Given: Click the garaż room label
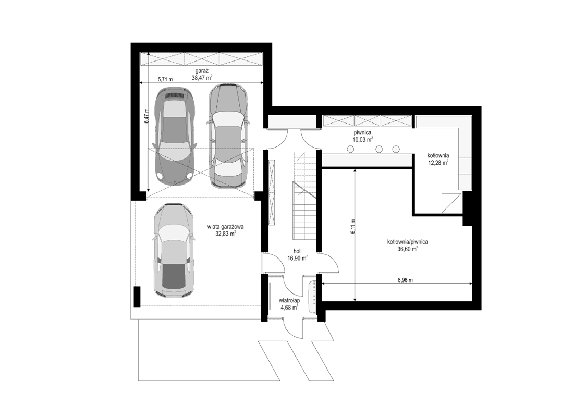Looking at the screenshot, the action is pos(202,71).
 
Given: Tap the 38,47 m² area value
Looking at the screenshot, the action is pos(202,78).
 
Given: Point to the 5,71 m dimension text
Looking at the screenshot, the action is pos(165,79).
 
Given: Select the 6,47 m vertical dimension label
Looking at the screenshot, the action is pos(146,117).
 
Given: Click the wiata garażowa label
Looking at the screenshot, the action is pos(225,227).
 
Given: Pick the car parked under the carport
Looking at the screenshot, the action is pos(174,250).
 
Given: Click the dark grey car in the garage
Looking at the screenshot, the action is pos(175,136).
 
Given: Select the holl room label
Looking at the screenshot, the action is pos(297,251).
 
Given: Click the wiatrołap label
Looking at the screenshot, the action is pos(289,301).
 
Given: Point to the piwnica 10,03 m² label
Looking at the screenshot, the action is pos(363,136).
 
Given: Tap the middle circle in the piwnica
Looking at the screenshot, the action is pos(379,149).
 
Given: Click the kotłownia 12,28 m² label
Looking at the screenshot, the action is pos(438,159).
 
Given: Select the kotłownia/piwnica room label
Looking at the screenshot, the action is pos(408,242).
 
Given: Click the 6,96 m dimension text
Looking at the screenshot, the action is pos(405,280).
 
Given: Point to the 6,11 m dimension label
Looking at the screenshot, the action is pos(353,226).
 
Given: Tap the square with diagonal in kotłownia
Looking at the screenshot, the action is pos(451,203).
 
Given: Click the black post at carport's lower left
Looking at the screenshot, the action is pos(137,297).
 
